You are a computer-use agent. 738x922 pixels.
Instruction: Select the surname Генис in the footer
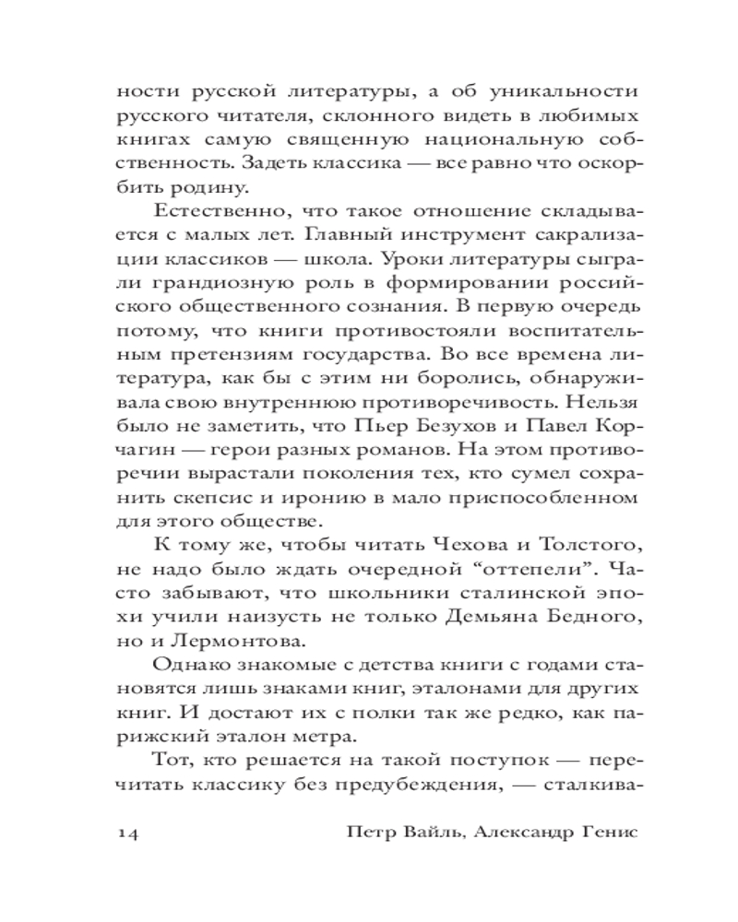[x=602, y=832]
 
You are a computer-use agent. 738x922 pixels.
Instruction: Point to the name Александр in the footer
[x=520, y=832]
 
